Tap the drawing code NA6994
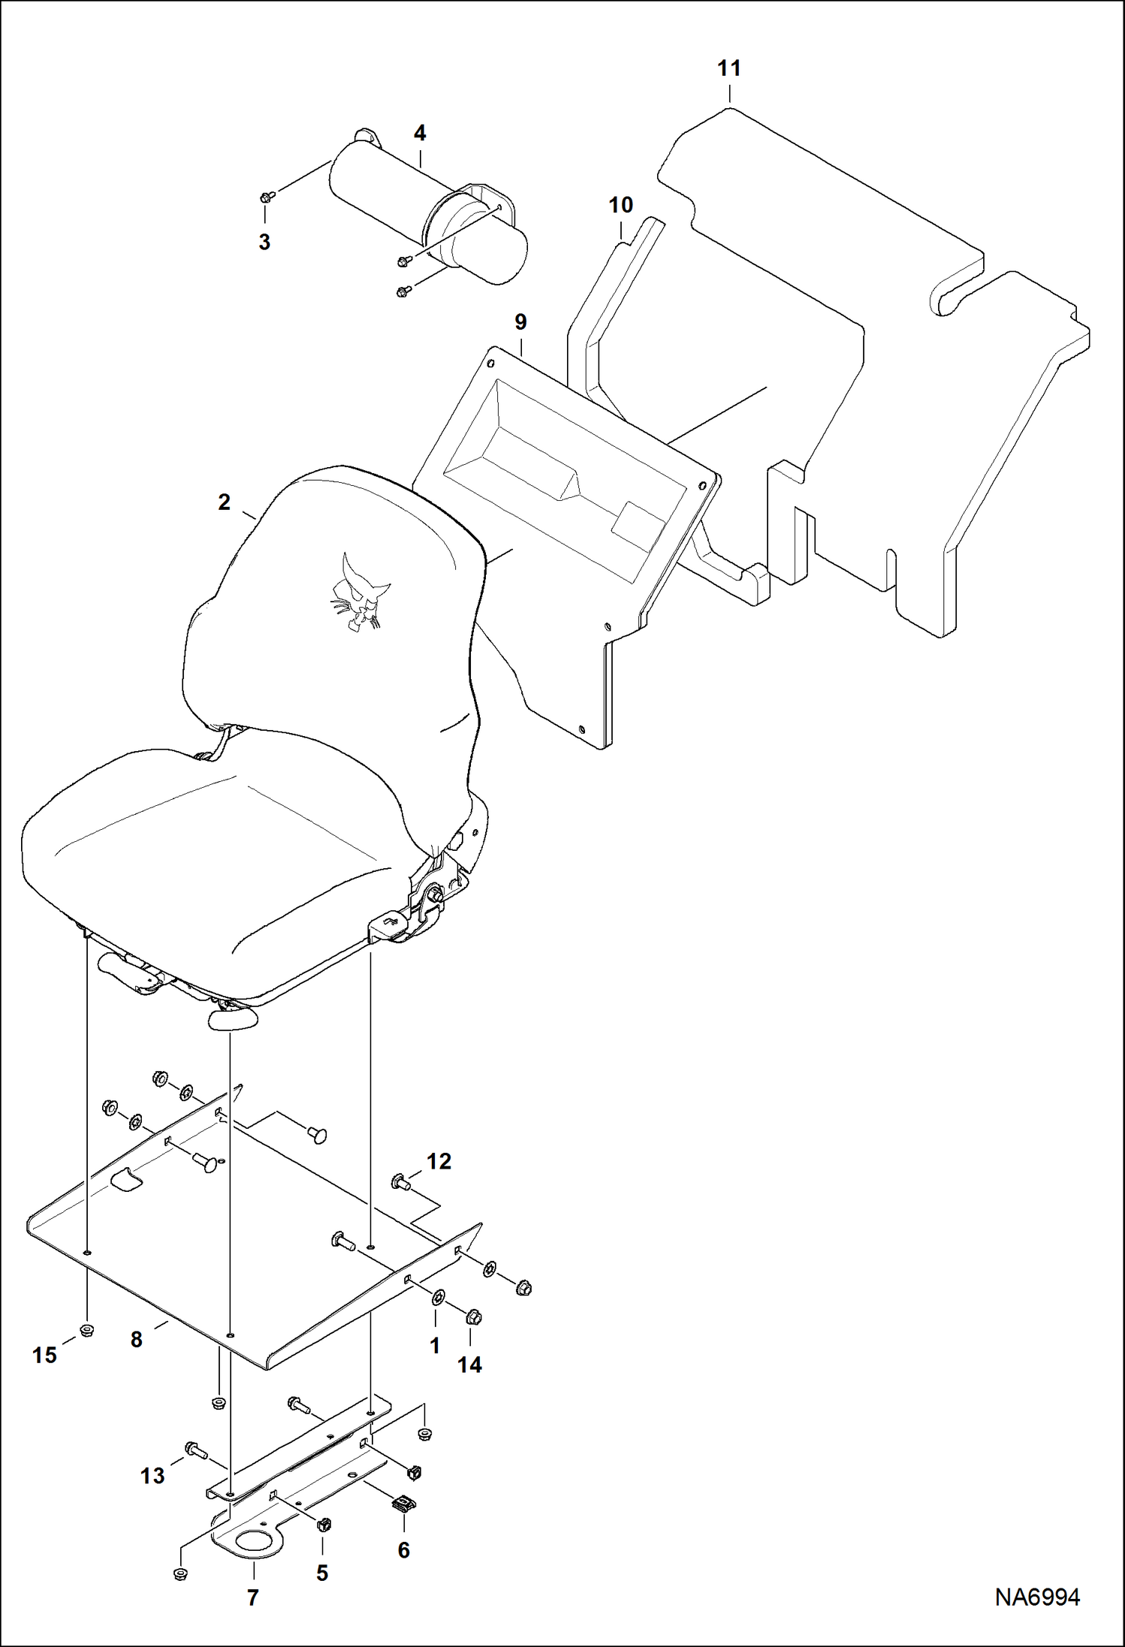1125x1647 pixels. (x=1037, y=1597)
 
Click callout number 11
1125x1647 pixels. (x=728, y=69)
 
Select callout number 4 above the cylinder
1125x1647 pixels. (x=420, y=134)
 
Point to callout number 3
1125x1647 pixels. (x=264, y=243)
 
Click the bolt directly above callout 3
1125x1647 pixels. (x=266, y=198)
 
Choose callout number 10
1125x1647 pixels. (x=620, y=205)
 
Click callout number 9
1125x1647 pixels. (x=520, y=322)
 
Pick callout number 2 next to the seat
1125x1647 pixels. (x=224, y=502)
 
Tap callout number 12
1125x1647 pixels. (x=439, y=1162)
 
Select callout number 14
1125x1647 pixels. (x=469, y=1365)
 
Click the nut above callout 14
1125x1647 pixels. (x=473, y=1317)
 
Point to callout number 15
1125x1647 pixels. (x=44, y=1355)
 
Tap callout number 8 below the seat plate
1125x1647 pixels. (x=136, y=1340)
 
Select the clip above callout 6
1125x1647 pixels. (x=404, y=1503)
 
